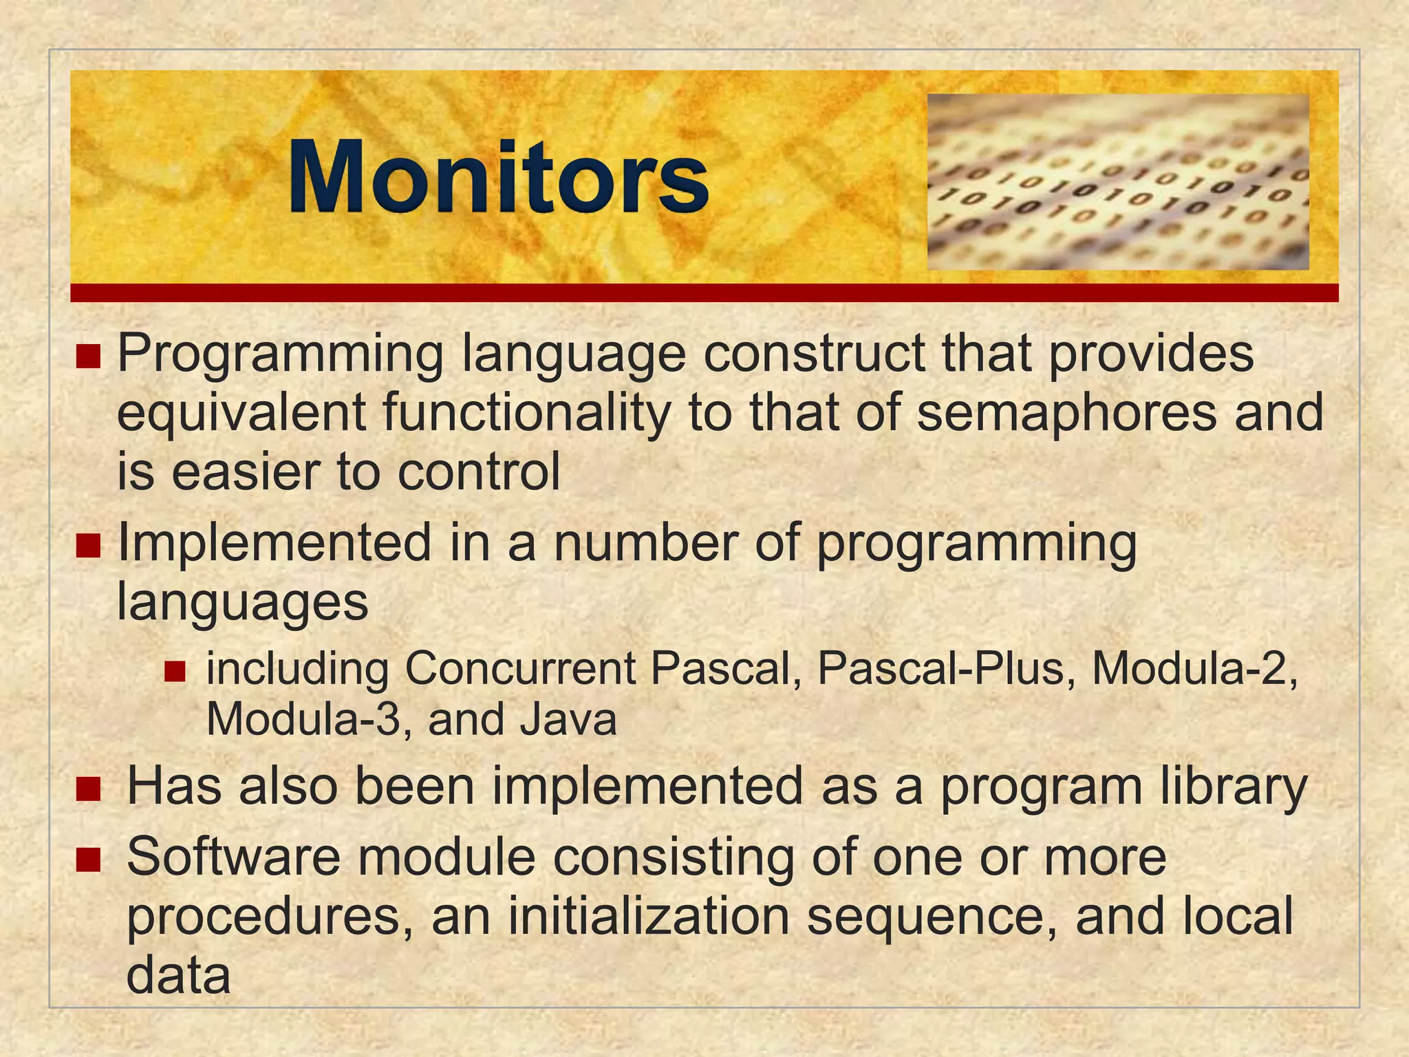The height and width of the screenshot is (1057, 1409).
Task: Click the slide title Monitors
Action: point(498,178)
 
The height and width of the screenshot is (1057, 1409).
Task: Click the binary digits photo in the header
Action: point(1117,182)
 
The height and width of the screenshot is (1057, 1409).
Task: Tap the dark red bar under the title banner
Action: point(704,293)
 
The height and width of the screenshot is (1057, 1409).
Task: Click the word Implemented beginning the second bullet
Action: point(274,543)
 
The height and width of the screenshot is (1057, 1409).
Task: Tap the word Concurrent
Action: point(520,668)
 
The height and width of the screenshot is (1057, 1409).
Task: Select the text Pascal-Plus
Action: point(938,668)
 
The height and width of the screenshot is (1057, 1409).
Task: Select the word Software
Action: point(234,857)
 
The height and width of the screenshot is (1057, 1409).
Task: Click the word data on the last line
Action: point(178,976)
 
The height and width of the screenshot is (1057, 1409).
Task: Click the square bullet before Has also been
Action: point(88,789)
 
